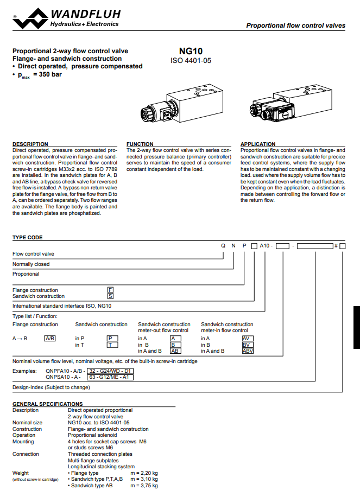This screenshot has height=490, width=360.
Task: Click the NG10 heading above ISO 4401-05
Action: pos(191,51)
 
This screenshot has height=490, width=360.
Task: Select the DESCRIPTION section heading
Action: pos(30,144)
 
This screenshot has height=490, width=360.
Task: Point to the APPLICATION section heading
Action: pos(258,144)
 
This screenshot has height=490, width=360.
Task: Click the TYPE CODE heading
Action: pos(28,238)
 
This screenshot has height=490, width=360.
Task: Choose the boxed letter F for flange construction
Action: pos(110,290)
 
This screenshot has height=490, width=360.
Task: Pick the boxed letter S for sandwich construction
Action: pos(110,296)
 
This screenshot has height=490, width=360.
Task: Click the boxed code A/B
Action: pos(50,339)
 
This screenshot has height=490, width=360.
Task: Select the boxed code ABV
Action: pos(248,351)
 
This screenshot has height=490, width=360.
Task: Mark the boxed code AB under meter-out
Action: pos(176,351)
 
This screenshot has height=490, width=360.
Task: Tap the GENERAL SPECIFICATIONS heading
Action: pos(48,404)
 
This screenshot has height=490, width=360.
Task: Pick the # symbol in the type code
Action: pos(336,246)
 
